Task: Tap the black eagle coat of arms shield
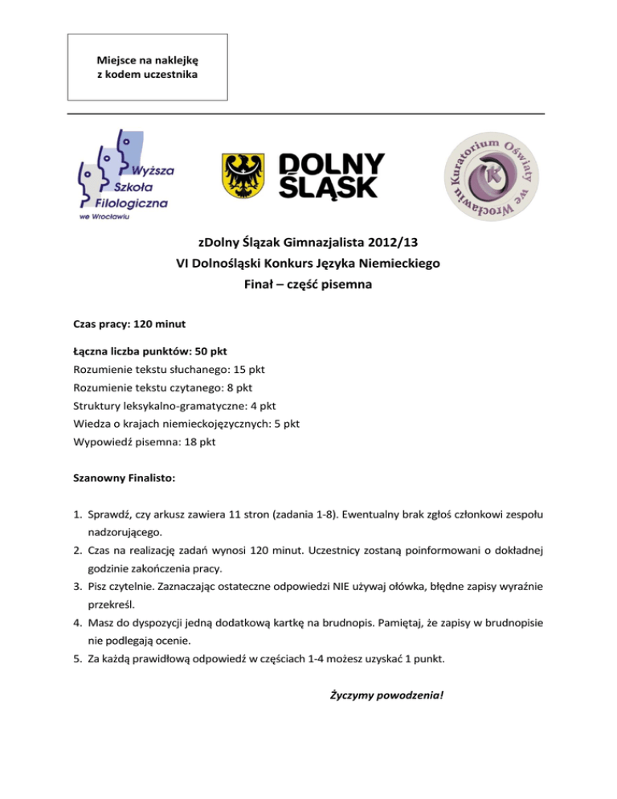tap(245, 176)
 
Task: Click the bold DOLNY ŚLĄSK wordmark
tap(332, 176)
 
